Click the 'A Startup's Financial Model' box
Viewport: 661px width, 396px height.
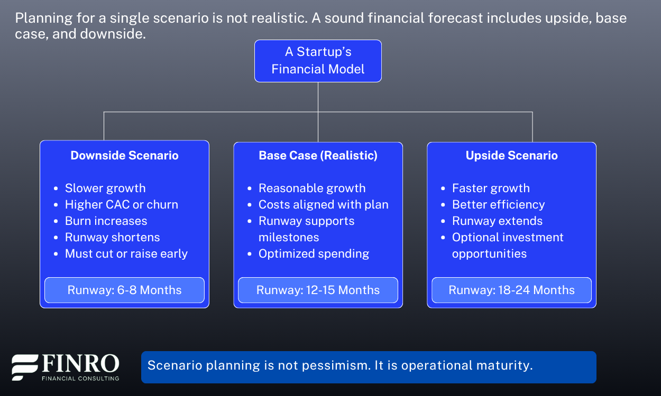318,61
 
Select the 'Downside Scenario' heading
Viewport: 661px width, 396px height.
124,155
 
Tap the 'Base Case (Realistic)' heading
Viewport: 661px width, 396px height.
318,155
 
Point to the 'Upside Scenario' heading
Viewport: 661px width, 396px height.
512,155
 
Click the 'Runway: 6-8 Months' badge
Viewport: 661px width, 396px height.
124,290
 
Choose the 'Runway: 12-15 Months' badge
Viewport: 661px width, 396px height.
318,290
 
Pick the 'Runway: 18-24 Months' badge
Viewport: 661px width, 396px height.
512,290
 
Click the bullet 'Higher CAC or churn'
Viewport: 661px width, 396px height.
122,204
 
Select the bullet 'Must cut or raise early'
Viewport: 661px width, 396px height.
126,253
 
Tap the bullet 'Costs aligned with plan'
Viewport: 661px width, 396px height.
324,204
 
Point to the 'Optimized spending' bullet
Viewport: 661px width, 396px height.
314,253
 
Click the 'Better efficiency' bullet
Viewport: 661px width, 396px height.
499,204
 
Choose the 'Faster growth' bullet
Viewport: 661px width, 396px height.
491,188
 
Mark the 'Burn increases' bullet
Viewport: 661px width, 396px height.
106,221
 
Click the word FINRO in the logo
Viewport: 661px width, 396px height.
80,363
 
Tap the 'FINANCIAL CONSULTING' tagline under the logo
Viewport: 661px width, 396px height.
80,379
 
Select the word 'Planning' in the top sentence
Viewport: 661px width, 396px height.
44,18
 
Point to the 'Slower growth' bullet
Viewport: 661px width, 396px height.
105,188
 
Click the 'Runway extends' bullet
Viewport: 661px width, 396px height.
497,221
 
